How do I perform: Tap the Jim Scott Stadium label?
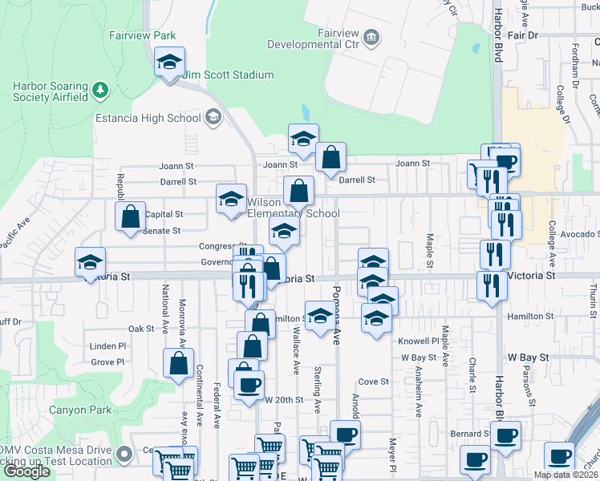point(229,75)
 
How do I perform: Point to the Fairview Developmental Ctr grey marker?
point(371,36)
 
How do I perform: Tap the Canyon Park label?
point(79,410)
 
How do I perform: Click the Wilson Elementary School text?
point(293,208)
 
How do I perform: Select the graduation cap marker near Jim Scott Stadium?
point(169,63)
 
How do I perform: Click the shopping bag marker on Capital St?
point(130,216)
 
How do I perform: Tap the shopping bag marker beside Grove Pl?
point(179,364)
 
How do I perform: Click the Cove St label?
point(373,382)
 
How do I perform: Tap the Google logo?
point(26,471)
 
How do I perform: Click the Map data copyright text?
point(565,475)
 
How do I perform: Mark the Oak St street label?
point(140,329)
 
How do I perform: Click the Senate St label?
point(161,231)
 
